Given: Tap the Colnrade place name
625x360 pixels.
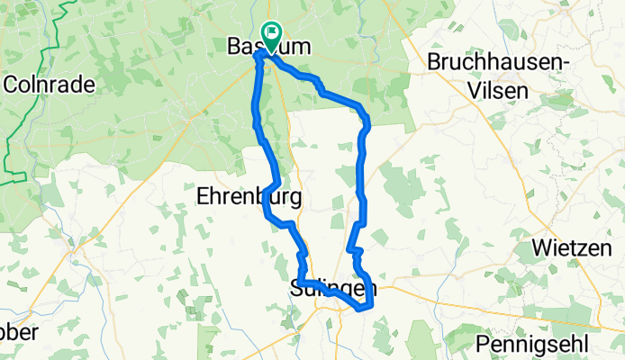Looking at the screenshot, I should pyautogui.click(x=49, y=85).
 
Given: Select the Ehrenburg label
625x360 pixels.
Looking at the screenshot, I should pyautogui.click(x=249, y=197).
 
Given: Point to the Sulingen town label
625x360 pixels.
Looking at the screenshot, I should pyautogui.click(x=333, y=289).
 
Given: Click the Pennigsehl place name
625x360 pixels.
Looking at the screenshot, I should pyautogui.click(x=532, y=345).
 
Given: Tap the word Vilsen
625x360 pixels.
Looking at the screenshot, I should pyautogui.click(x=512, y=85).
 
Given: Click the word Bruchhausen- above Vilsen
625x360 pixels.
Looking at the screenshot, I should pyautogui.click(x=512, y=62).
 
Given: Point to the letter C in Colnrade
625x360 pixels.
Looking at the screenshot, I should pyautogui.click(x=11, y=85).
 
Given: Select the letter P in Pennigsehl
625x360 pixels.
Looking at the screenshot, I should pyautogui.click(x=483, y=345).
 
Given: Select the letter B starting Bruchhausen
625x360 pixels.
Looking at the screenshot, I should pyautogui.click(x=434, y=62).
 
